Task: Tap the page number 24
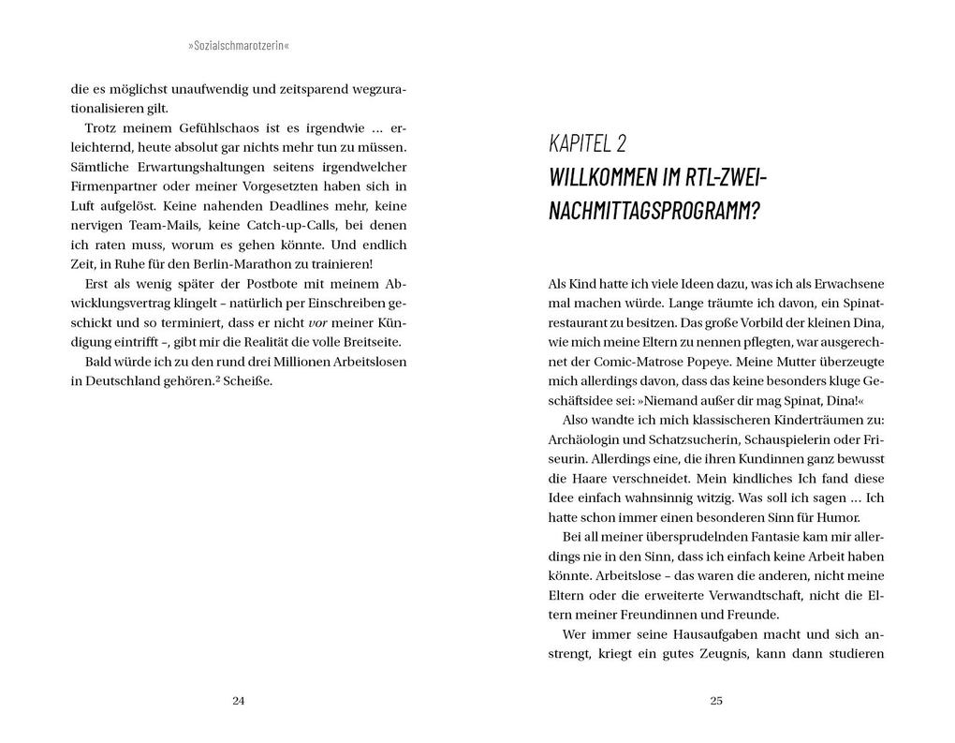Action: [x=238, y=701]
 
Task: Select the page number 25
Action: [x=716, y=701]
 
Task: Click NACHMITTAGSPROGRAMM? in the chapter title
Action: [x=654, y=210]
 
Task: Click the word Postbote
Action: [x=248, y=284]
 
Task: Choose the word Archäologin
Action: [x=584, y=439]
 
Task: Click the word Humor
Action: [x=838, y=517]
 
